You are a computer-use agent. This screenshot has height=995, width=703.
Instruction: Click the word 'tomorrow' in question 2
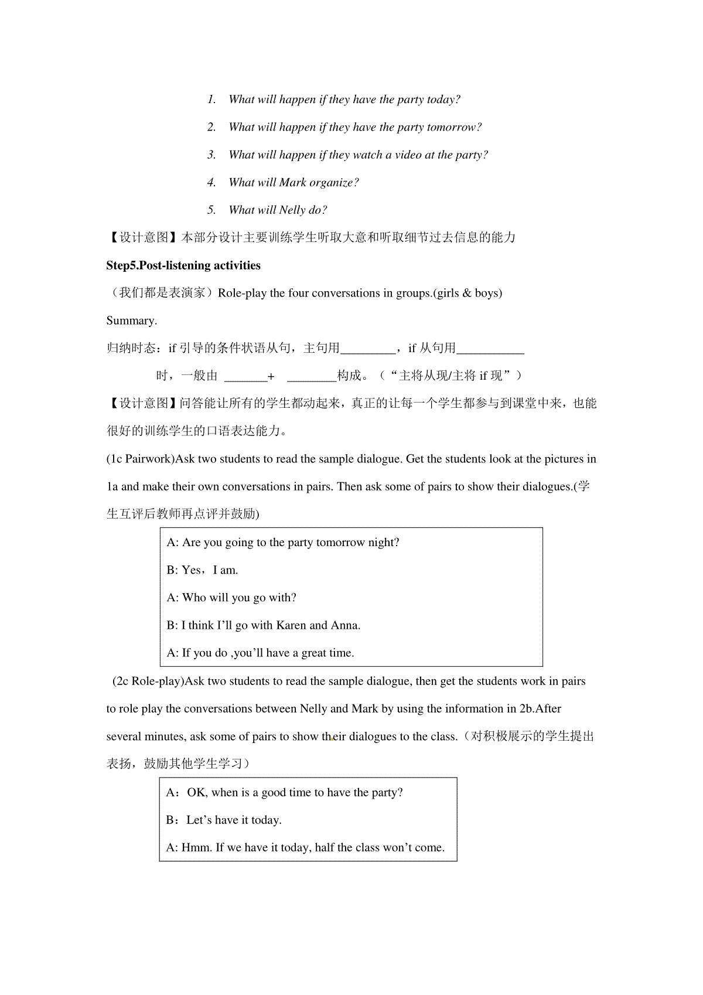pyautogui.click(x=453, y=127)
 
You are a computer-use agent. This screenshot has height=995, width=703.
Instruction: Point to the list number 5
pyautogui.click(x=211, y=210)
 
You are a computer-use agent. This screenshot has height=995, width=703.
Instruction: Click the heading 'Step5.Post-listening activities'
pyautogui.click(x=183, y=265)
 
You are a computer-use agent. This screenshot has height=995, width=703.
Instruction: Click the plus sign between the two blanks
pyautogui.click(x=271, y=377)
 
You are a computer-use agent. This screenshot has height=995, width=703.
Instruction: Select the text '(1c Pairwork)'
pyautogui.click(x=141, y=459)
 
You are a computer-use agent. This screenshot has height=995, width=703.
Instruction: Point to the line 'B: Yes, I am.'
pyautogui.click(x=202, y=570)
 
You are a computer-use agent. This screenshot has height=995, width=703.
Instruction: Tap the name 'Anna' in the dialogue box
pyautogui.click(x=345, y=625)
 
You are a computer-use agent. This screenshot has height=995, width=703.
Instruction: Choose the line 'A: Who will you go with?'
pyautogui.click(x=231, y=598)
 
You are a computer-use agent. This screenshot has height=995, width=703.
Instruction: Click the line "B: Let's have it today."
pyautogui.click(x=224, y=820)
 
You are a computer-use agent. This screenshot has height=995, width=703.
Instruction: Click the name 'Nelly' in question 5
pyautogui.click(x=292, y=210)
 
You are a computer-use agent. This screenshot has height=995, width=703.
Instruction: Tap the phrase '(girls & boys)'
pyautogui.click(x=467, y=293)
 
